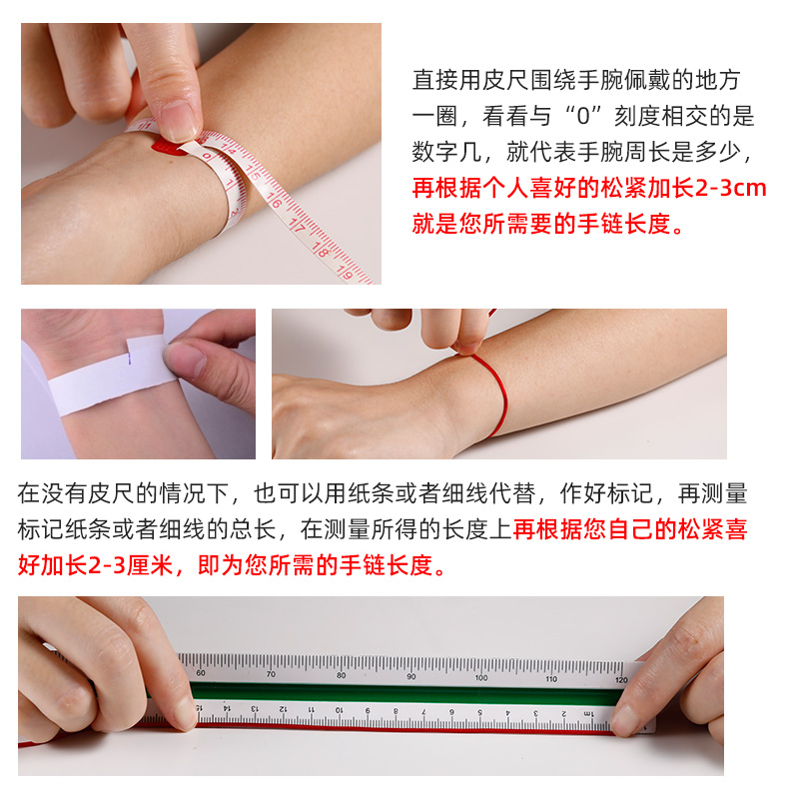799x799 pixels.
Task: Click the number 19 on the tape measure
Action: tap(343, 267)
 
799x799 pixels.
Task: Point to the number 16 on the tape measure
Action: tap(274, 202)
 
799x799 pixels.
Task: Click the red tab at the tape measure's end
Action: tap(168, 149)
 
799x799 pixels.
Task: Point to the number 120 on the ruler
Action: tap(620, 678)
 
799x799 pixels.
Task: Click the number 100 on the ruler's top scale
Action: tap(481, 677)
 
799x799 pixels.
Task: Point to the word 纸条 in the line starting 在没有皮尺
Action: tap(383, 493)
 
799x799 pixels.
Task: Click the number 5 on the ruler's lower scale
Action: tap(479, 712)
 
